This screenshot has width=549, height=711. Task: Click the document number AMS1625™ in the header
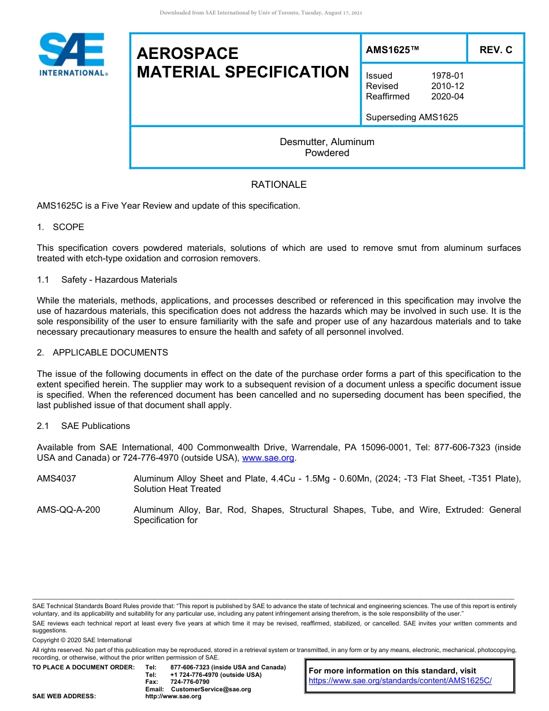coord(392,50)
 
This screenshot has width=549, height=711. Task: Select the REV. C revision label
coord(495,50)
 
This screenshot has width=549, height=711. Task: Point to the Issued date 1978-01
coord(447,76)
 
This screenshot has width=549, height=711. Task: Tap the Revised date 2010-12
coord(447,86)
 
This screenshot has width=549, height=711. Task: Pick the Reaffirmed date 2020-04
coord(447,97)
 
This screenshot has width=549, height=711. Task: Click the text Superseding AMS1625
coord(411,117)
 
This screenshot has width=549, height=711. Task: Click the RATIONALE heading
coord(279,185)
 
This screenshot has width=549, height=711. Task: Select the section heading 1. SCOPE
coord(61,227)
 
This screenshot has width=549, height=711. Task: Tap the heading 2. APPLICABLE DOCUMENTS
coord(103,353)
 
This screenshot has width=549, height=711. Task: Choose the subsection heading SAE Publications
coord(95,426)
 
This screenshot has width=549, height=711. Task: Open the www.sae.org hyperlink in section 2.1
coord(268,458)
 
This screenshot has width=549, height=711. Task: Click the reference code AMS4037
coord(56,479)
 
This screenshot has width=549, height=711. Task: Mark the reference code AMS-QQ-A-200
coord(68,510)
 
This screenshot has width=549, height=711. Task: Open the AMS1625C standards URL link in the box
coord(400,681)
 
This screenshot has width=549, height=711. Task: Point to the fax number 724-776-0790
coord(190,682)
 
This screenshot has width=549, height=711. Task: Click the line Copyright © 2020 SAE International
coord(82,640)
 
